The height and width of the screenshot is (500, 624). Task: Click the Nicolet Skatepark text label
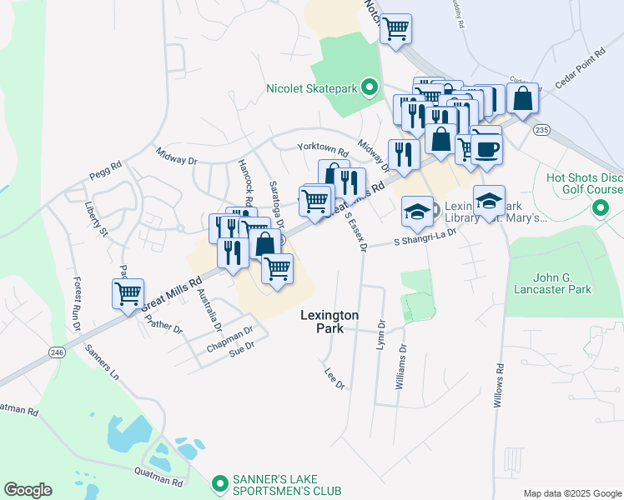[311, 88]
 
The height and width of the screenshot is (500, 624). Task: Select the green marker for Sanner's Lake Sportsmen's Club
[219, 483]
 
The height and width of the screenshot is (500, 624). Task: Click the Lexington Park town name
[330, 322]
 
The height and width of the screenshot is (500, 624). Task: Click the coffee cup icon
[486, 149]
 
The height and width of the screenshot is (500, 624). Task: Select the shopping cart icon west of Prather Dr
[128, 293]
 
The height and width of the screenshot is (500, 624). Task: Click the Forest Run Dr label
[76, 303]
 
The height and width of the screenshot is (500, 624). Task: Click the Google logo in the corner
[28, 490]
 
